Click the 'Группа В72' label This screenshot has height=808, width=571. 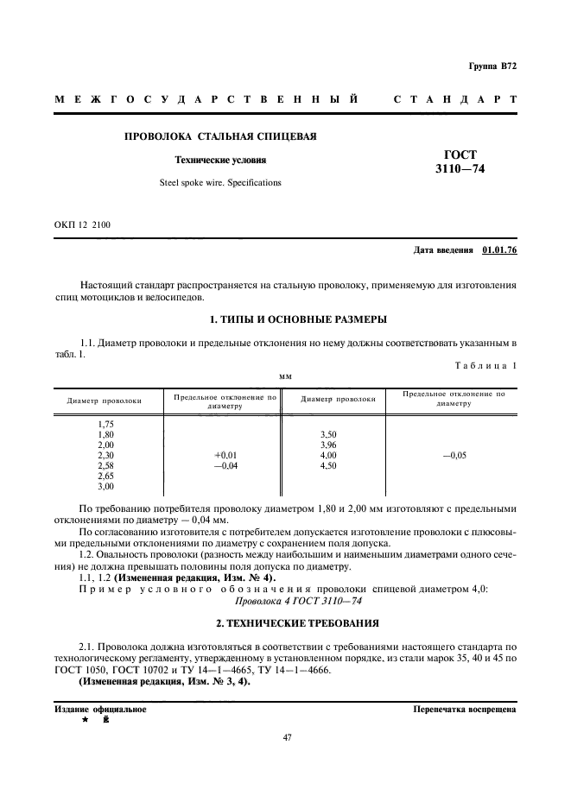coord(492,66)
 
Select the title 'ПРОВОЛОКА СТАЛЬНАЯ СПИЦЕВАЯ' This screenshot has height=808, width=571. coord(221,136)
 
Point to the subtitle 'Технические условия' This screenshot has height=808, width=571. coord(221,160)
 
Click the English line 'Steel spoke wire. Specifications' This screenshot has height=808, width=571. coord(221,182)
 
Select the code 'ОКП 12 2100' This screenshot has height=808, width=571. coord(82,224)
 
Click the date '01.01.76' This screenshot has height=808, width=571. coord(499,250)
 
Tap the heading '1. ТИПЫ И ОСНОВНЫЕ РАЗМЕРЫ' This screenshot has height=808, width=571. coord(285,319)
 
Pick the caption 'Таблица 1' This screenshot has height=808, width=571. coord(485,365)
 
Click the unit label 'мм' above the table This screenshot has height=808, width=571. coord(284,376)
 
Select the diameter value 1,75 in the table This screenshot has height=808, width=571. coord(106,424)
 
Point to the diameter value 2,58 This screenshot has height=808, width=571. coord(106,465)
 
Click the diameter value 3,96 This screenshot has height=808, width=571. coord(328,445)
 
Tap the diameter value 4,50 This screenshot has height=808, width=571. coord(328,465)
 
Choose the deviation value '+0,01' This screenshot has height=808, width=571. coord(225,455)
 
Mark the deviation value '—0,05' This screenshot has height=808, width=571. coord(454,455)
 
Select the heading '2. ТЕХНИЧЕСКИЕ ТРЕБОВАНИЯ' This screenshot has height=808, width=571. coord(285,622)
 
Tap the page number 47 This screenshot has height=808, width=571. coord(285,738)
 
